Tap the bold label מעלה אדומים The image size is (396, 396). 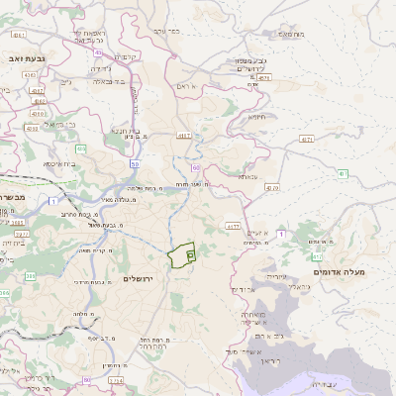(x=339, y=271)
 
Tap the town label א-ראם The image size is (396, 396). (x=189, y=87)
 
